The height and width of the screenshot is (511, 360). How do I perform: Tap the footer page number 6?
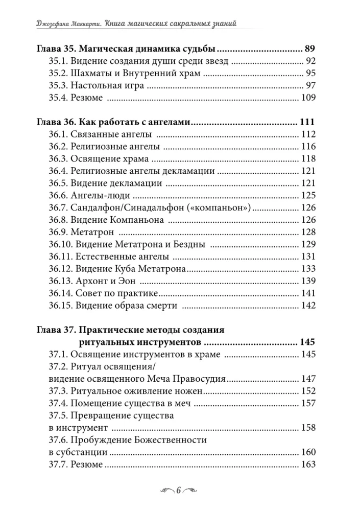click(179, 491)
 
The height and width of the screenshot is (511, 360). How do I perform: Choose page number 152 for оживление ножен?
click(308, 391)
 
